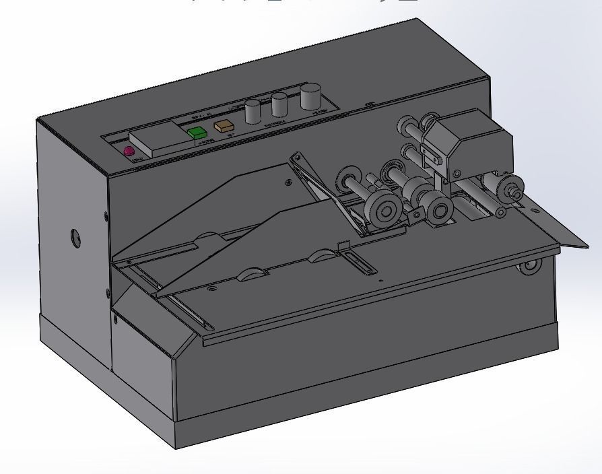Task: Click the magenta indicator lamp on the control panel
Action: click(x=129, y=151)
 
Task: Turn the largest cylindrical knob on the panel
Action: click(x=310, y=96)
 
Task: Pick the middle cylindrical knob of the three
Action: click(x=279, y=105)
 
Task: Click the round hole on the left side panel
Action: click(x=75, y=237)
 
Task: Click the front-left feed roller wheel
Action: click(x=382, y=212)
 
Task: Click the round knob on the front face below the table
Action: click(x=528, y=267)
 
